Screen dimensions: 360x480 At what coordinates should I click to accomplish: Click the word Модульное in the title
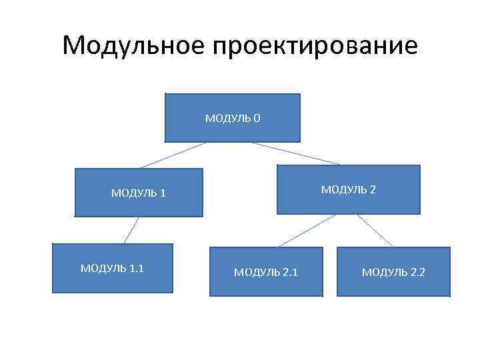133,46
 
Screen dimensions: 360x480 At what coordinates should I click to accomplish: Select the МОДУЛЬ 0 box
233,118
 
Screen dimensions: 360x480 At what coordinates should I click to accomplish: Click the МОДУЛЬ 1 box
139,193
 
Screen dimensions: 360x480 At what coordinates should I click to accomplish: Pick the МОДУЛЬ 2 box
349,189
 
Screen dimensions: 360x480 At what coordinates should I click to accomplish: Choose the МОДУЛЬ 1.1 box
113,268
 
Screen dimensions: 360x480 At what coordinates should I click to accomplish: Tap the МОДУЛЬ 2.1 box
266,272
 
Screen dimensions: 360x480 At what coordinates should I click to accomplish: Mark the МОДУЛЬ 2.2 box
393,271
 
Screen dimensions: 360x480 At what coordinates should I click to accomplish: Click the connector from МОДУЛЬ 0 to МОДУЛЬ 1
172,155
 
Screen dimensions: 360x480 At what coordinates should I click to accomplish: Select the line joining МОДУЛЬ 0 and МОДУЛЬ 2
295,153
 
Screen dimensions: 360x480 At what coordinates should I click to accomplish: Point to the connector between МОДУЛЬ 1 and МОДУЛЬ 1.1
131,230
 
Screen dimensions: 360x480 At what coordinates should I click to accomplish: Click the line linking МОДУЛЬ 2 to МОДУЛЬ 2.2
375,231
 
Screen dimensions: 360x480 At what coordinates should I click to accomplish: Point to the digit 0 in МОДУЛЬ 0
257,119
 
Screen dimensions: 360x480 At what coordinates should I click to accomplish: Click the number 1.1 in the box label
137,268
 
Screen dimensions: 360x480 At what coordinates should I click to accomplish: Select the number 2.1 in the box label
290,272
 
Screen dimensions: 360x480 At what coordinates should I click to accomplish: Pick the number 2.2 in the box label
417,272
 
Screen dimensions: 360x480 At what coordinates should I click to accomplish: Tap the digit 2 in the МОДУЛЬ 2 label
372,189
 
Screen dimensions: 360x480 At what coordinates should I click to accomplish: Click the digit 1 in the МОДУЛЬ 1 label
163,193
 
